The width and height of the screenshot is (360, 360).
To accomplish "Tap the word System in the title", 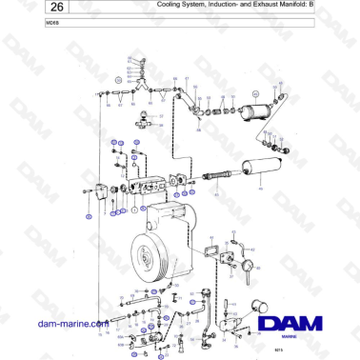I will click(x=196, y=7).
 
